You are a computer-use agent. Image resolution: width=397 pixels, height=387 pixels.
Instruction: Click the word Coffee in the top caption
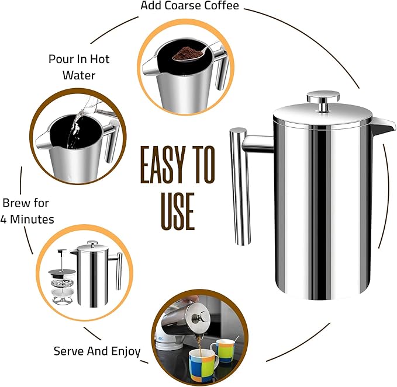[219, 6]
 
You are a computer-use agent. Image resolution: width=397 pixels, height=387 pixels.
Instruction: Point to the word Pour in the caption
[61, 59]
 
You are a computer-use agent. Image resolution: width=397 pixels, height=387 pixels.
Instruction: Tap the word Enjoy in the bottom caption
[123, 351]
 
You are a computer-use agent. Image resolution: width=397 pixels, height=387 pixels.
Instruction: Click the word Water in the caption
[80, 75]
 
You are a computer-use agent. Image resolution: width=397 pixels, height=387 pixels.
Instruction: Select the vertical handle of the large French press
[240, 187]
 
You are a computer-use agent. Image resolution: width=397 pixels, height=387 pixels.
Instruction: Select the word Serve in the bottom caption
[68, 351]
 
